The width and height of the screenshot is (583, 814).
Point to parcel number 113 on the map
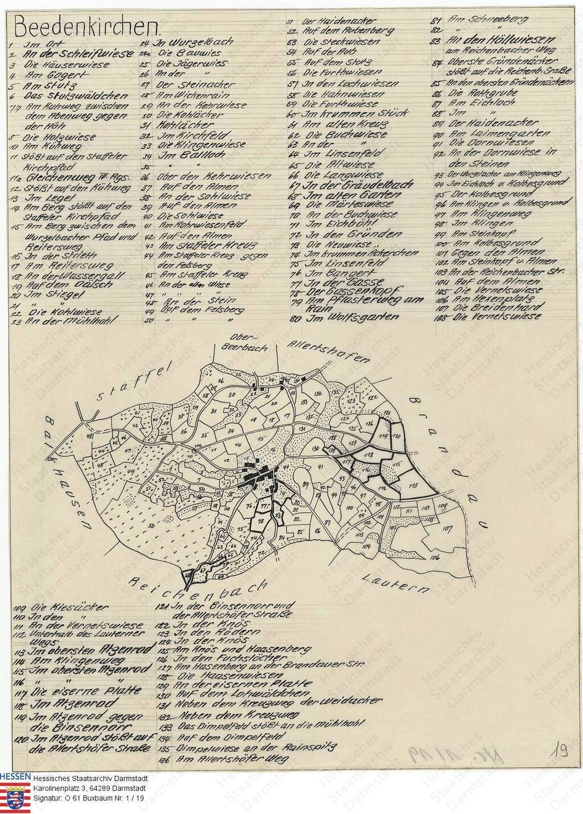pos(414,485)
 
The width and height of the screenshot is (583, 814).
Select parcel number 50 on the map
pos(151,523)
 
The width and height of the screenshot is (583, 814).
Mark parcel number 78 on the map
pos(260,521)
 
